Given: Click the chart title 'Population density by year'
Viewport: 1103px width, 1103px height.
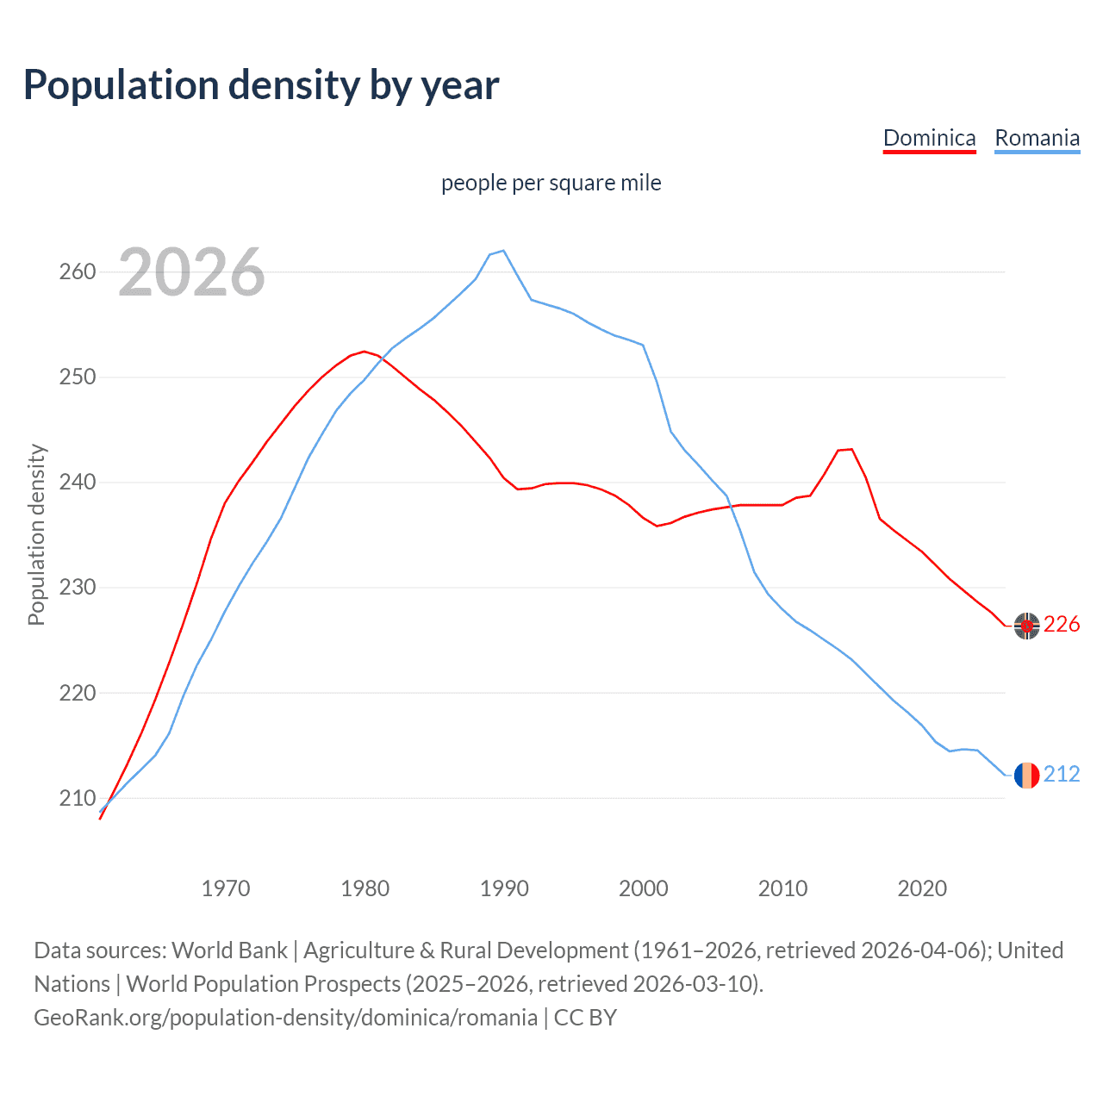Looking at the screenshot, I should click(x=261, y=85).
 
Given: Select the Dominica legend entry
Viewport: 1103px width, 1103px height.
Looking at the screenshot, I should click(x=929, y=139).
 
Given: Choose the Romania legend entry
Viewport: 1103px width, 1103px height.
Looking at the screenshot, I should click(x=1037, y=139).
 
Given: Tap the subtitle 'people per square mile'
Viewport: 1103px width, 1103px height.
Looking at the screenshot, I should click(x=551, y=184).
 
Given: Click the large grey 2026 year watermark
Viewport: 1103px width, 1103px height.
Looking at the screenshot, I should click(x=191, y=273).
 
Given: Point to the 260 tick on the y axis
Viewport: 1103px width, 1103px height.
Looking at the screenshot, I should click(x=78, y=272).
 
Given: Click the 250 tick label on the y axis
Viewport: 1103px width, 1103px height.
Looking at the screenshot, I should click(x=78, y=377).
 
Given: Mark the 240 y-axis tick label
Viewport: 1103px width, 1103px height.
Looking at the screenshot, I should click(x=78, y=483).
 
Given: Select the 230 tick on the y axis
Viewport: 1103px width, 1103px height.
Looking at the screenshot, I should click(x=78, y=588).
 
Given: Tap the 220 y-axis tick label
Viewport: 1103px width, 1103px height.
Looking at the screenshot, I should click(x=78, y=693).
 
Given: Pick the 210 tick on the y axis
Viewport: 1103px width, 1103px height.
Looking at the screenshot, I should click(x=78, y=798).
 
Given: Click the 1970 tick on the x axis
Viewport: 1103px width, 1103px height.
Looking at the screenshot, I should click(x=226, y=888).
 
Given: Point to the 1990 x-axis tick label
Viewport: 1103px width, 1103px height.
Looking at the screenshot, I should click(x=504, y=888).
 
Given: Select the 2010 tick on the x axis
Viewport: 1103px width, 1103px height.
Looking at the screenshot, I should click(x=782, y=888).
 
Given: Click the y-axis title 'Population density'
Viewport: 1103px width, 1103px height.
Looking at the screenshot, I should click(x=36, y=534).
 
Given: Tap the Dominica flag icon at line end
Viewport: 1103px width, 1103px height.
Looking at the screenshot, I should click(x=1026, y=626).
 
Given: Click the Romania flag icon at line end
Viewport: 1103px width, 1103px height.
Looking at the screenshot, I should click(x=1026, y=776).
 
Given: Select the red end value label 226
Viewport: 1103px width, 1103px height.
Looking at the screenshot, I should click(x=1062, y=625).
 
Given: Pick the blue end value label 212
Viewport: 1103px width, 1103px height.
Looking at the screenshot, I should click(x=1062, y=775).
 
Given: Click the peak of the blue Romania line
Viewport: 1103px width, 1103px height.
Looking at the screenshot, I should click(x=503, y=251).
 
